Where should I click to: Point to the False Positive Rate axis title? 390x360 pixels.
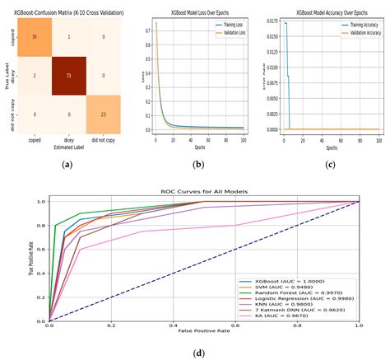203,330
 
